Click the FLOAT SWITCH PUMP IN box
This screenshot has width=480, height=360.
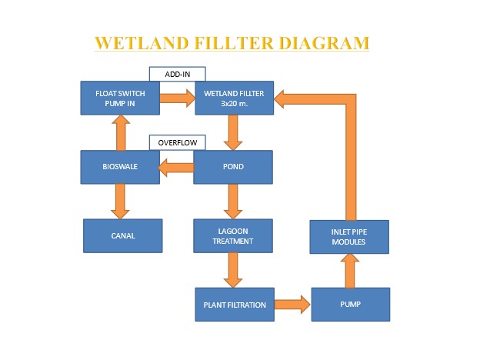coord(120,98)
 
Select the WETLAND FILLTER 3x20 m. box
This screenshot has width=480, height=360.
coord(235,98)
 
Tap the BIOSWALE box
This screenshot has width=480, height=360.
coord(120,167)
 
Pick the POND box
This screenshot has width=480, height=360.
coord(233,167)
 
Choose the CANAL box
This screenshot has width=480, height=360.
coord(123,235)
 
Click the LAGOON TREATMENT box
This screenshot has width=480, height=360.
coord(233,235)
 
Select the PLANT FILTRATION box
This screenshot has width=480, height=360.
coord(235,305)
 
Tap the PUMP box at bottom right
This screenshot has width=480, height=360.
coord(351,305)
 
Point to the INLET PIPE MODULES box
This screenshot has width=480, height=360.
coord(349,237)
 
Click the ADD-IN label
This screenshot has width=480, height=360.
coord(178,74)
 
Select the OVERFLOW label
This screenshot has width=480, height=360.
coord(178,142)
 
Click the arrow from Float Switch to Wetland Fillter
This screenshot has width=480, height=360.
coord(178,98)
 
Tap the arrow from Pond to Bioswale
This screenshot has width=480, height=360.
coord(176,168)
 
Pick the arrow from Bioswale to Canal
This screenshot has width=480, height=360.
coord(120,202)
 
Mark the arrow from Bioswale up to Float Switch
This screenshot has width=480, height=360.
coord(121,132)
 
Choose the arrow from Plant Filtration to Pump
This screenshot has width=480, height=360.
coord(292,305)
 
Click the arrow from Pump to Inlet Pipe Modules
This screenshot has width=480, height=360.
coord(350,271)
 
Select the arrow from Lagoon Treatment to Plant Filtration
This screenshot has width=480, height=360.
coord(233,270)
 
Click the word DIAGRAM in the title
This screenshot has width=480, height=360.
coord(324,43)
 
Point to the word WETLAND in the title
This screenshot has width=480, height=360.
coord(141,43)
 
